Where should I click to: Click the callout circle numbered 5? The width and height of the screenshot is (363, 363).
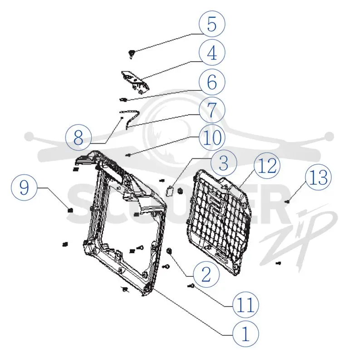click(x=212, y=24)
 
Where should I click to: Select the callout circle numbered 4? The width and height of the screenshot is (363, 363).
click(x=212, y=53)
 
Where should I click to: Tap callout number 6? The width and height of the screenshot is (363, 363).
click(x=212, y=82)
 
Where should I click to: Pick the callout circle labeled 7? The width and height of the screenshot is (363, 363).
click(x=212, y=110)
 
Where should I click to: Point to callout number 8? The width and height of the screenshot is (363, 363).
click(x=78, y=137)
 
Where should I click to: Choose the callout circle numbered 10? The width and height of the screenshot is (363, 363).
click(x=212, y=137)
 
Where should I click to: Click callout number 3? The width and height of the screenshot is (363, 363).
click(x=224, y=163)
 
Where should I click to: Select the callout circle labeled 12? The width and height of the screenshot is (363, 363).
click(x=267, y=166)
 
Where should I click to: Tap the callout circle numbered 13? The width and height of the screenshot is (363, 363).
click(x=319, y=177)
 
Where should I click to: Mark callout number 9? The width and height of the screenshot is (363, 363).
click(x=24, y=187)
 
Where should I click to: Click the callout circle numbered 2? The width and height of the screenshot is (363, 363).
click(x=206, y=275)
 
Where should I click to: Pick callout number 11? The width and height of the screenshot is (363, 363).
click(x=245, y=304)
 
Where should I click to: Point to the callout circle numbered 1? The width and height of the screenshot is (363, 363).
click(x=245, y=334)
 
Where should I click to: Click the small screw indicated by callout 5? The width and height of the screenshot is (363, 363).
click(x=132, y=54)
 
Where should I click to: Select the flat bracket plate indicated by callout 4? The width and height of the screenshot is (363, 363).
click(x=135, y=83)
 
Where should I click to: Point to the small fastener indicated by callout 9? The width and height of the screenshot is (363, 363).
click(x=70, y=210)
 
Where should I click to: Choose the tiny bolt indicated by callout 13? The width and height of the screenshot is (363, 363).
click(x=288, y=202)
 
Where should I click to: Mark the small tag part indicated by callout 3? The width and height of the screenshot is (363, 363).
click(x=170, y=191)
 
